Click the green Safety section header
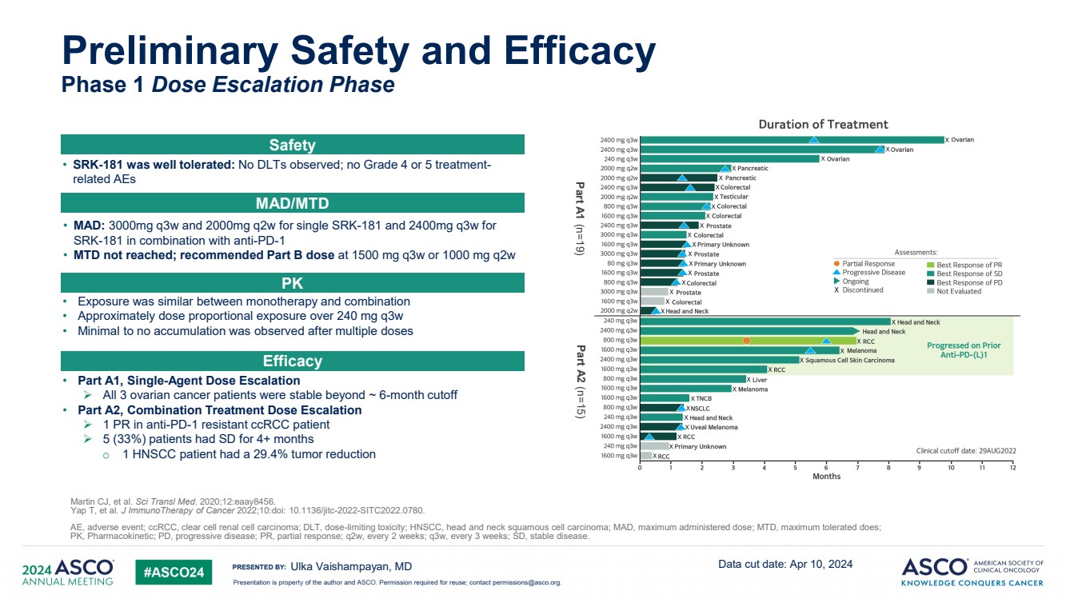click(292, 145)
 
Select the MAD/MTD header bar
click(292, 203)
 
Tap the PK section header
click(292, 282)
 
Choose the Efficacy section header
click(292, 361)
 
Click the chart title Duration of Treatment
click(823, 125)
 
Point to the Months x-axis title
click(826, 476)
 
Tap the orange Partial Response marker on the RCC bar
click(746, 341)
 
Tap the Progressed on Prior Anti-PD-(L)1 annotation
click(963, 350)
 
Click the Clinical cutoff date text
click(965, 451)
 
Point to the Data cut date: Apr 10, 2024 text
click(785, 564)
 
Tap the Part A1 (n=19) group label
click(581, 218)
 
